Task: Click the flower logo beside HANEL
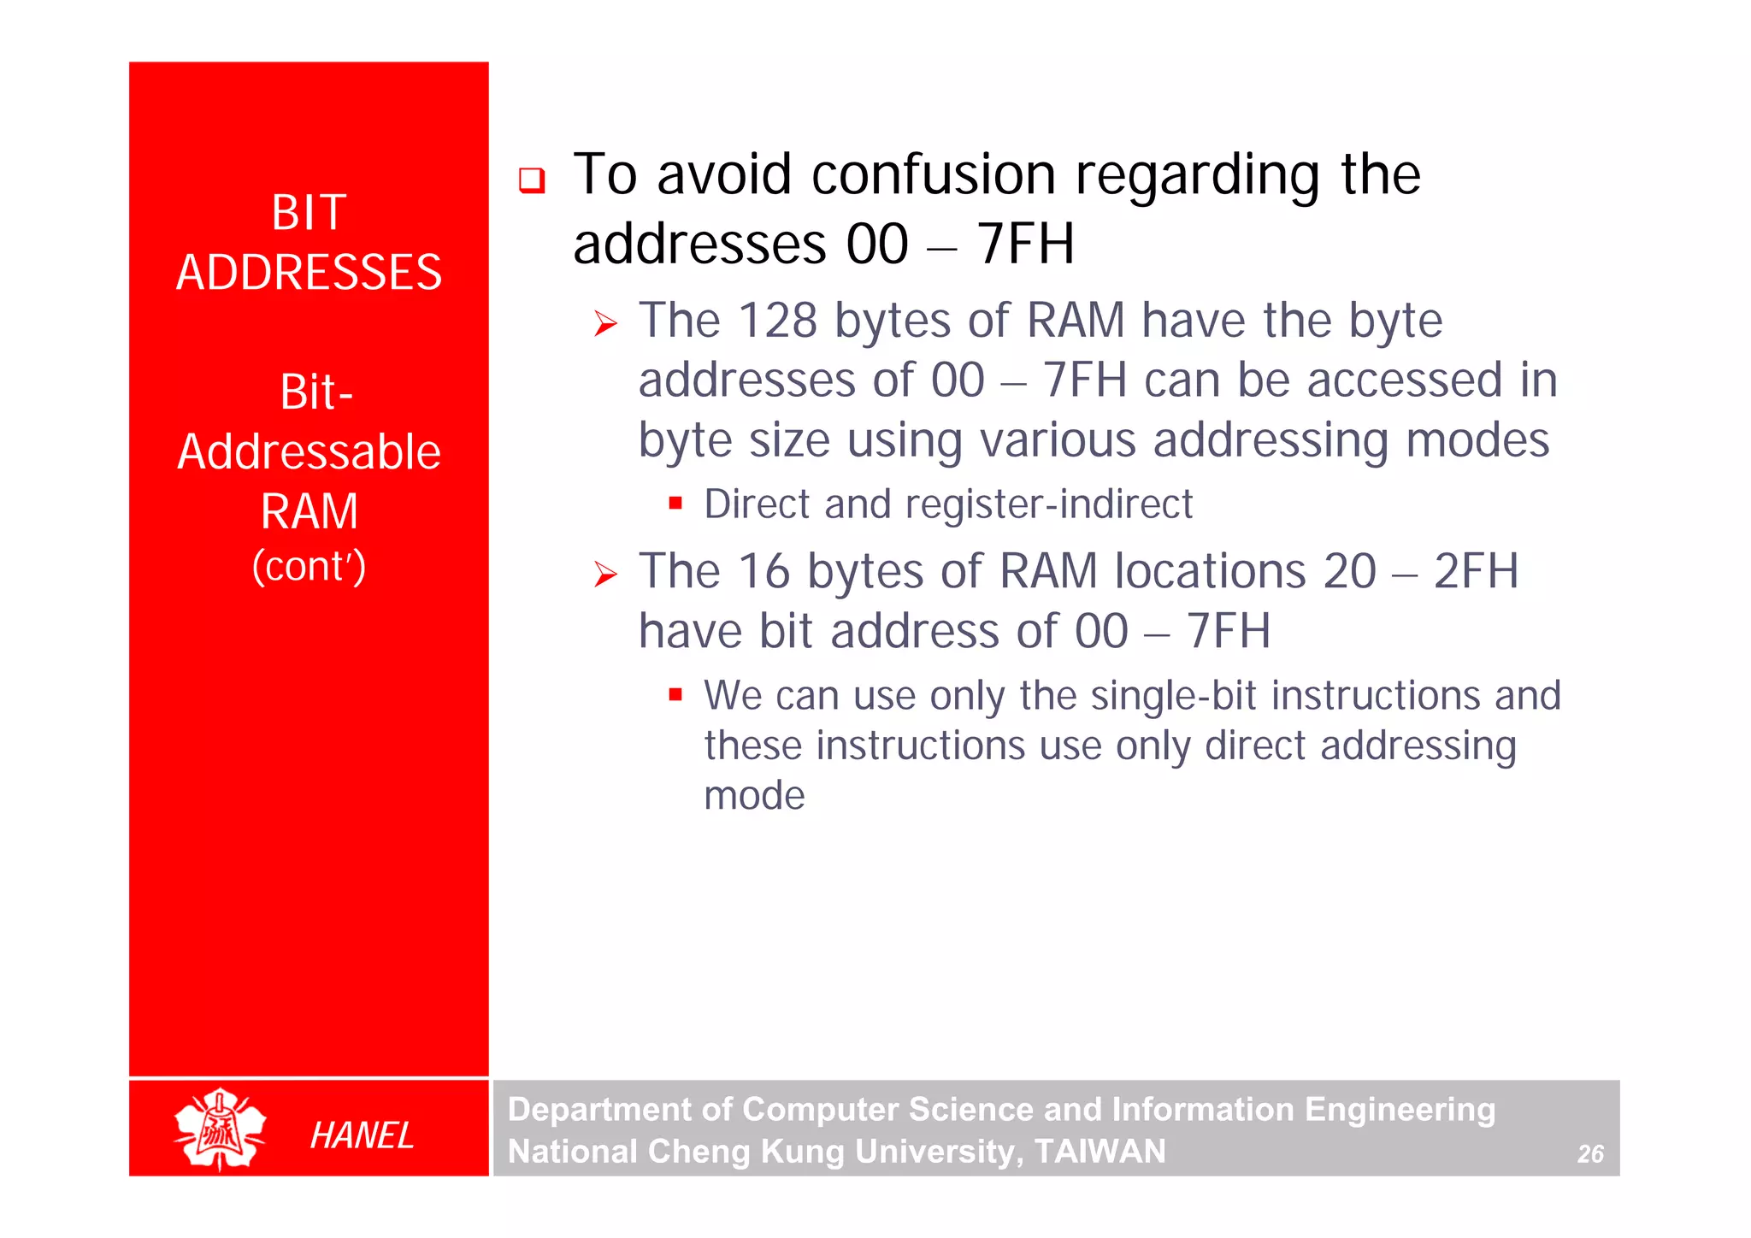click(220, 1129)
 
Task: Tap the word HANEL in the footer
click(362, 1135)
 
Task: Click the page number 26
click(1589, 1154)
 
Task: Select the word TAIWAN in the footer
click(1100, 1152)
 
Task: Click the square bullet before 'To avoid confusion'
click(532, 180)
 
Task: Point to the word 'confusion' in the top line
click(934, 174)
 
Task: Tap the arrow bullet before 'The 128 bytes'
click(605, 324)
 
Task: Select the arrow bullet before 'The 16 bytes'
click(605, 575)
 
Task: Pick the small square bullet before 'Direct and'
click(675, 503)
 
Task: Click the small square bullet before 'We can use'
click(675, 694)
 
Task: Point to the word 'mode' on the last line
click(754, 795)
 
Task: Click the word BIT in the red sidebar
click(309, 212)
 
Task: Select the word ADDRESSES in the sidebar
click(309, 273)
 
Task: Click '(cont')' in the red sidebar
click(309, 566)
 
